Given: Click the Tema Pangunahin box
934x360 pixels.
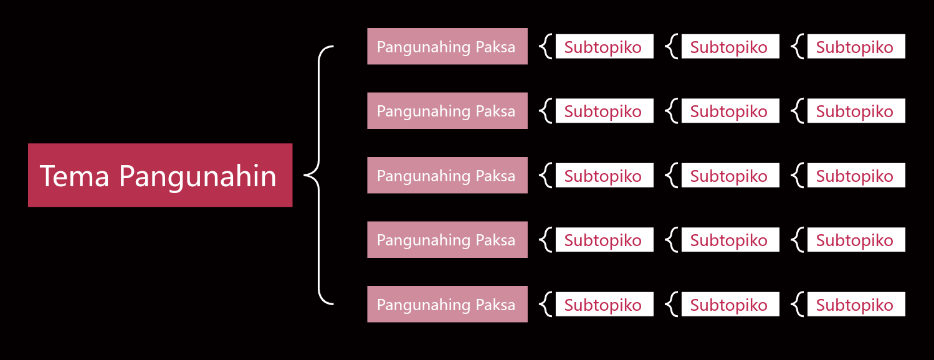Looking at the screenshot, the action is [160, 175].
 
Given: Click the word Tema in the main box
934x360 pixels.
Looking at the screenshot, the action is [74, 176].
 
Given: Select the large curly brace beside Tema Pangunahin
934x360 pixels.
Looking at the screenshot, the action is [319, 175].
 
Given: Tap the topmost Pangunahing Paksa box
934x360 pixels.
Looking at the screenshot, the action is [447, 46].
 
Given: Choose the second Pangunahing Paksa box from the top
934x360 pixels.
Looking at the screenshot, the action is [447, 111].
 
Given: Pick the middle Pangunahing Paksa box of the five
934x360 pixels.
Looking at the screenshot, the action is [447, 175].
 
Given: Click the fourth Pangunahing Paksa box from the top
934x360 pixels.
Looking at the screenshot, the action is [447, 240].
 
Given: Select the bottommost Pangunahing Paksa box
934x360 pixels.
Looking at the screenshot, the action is [447, 304].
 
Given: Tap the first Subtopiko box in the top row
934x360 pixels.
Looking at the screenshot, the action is [604, 46].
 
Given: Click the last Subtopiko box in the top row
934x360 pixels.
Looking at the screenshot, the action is [857, 46].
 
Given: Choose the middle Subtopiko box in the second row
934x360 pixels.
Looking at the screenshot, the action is [730, 111].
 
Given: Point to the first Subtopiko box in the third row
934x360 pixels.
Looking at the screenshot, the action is [604, 175].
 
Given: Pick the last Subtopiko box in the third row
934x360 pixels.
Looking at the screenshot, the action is [857, 175].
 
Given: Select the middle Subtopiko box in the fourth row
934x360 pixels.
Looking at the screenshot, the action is [730, 240].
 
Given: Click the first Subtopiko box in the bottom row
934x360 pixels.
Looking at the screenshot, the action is [604, 304].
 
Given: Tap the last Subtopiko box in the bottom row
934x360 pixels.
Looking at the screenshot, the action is [857, 304].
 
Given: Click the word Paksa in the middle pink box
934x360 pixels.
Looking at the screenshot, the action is [495, 176].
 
